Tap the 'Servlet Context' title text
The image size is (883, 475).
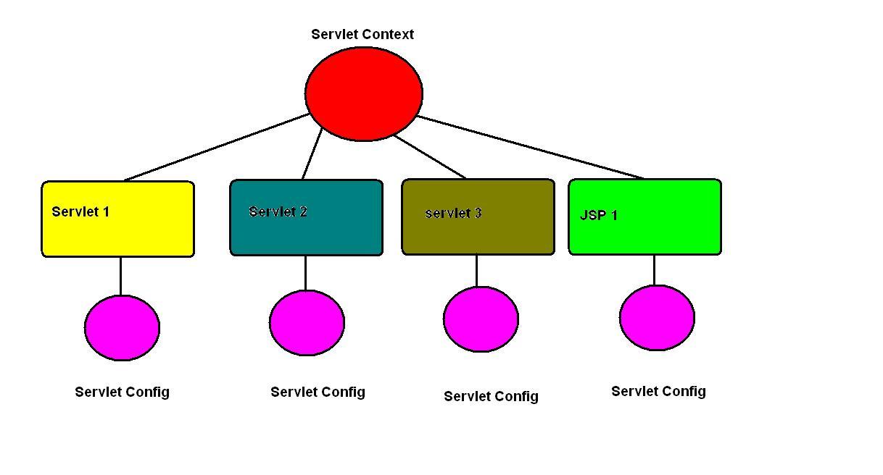point(362,34)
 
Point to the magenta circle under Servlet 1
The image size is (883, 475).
point(122,327)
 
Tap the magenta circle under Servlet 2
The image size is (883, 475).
point(307,322)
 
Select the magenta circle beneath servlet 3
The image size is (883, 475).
point(481,319)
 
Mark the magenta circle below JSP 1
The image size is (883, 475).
point(657,318)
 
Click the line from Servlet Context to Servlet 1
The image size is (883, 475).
point(217,147)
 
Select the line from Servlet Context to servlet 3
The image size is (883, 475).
point(430,156)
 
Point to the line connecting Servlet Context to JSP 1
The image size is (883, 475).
point(530,147)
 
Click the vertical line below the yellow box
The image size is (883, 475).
point(120,275)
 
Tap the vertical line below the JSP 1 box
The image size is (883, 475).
point(654,269)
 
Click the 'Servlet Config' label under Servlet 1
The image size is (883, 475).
point(122,392)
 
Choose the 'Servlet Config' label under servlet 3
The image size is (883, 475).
point(491,396)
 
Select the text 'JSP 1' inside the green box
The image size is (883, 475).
point(599,215)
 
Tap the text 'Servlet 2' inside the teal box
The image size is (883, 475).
point(278,211)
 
